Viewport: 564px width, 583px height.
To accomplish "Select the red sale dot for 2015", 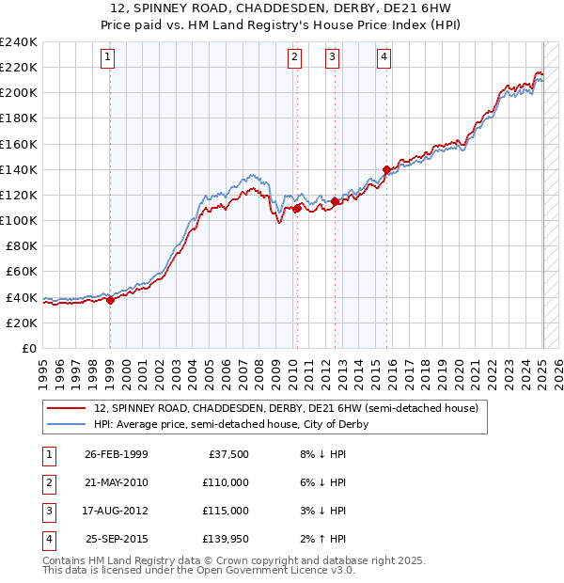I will [386, 169].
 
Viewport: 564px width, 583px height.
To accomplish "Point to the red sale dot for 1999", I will [110, 301].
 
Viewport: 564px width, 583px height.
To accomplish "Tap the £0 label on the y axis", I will [30, 348].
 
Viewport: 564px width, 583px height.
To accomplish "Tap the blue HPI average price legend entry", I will [230, 424].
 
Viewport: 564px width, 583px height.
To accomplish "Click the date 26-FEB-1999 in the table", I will [116, 454].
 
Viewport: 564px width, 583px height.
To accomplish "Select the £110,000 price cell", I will [227, 482].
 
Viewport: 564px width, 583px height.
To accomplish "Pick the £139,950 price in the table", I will [227, 539].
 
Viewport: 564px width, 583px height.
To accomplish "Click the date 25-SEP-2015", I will [116, 539].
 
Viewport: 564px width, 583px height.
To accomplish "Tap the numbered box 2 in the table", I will [47, 482].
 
